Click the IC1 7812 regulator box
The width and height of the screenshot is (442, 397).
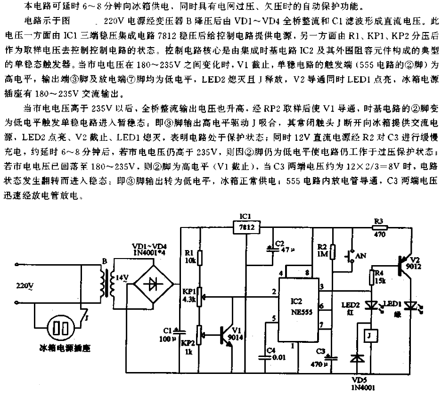(x=246, y=227)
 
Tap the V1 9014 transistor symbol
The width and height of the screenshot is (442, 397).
(x=226, y=335)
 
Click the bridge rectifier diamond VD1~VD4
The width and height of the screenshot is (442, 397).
(x=153, y=284)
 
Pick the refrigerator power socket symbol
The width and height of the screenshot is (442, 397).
(x=61, y=328)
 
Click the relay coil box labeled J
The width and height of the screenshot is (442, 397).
(x=371, y=336)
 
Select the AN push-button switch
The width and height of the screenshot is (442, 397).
(x=350, y=256)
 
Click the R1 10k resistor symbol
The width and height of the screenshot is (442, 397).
(x=200, y=258)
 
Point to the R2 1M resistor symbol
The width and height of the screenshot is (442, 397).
(x=333, y=251)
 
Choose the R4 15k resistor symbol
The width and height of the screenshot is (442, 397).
(x=371, y=277)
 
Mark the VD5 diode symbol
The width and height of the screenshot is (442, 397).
(x=357, y=358)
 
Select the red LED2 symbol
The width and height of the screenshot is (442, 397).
(x=371, y=306)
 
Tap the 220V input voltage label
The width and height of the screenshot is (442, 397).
(x=25, y=286)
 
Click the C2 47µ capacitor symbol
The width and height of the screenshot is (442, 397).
(x=273, y=249)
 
